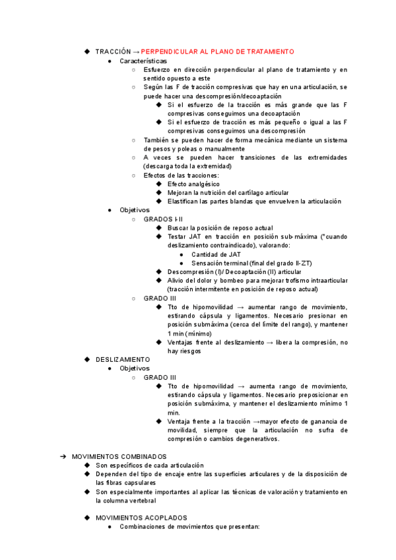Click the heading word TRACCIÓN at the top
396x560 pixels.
click(113, 52)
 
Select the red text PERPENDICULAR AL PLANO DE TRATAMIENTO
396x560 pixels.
click(218, 52)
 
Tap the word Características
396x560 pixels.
click(143, 61)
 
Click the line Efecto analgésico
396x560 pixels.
click(193, 184)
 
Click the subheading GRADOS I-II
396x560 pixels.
click(163, 219)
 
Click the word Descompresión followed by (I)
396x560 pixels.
click(191, 271)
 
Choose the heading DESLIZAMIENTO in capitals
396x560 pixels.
click(123, 359)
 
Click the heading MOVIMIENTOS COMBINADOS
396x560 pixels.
click(119, 456)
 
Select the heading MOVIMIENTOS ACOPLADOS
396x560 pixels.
click(141, 518)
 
